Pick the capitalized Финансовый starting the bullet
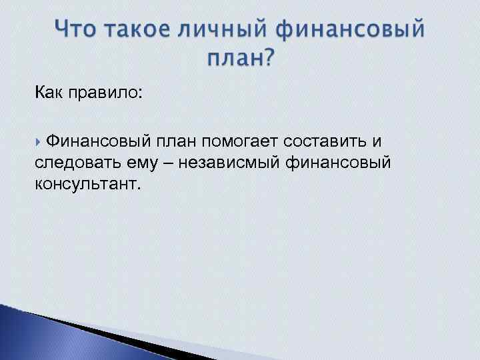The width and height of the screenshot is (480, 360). coord(99,141)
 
